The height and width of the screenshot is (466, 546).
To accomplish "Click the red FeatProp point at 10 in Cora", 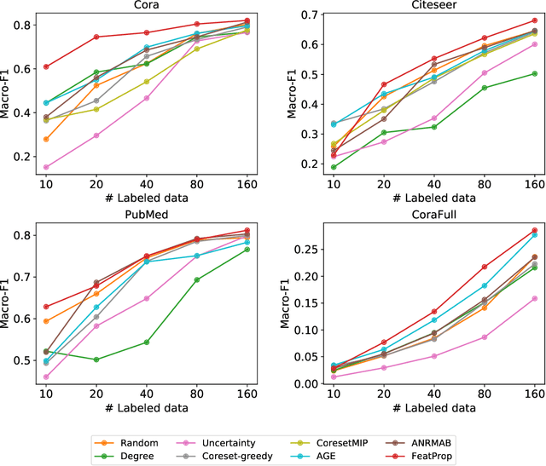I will click(45, 66).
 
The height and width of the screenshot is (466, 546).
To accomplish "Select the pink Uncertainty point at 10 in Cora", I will click(45, 167).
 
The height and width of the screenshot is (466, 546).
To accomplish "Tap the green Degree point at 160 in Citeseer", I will click(534, 73).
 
